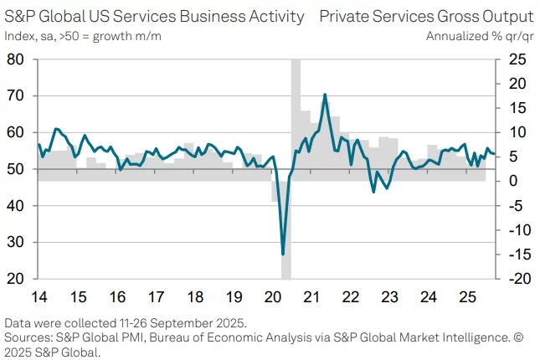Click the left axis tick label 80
pyautogui.click(x=14, y=59)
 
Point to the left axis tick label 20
pyautogui.click(x=14, y=279)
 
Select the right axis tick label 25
pyautogui.click(x=517, y=59)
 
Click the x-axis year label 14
pyautogui.click(x=39, y=296)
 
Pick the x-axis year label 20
pyautogui.click(x=272, y=296)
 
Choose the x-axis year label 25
pyautogui.click(x=466, y=296)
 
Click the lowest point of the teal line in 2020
pyautogui.click(x=283, y=254)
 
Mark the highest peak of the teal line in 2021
pyautogui.click(x=324, y=95)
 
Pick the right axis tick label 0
pyautogui.click(x=513, y=181)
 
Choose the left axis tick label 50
pyautogui.click(x=14, y=169)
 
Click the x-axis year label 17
pyautogui.click(x=156, y=296)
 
